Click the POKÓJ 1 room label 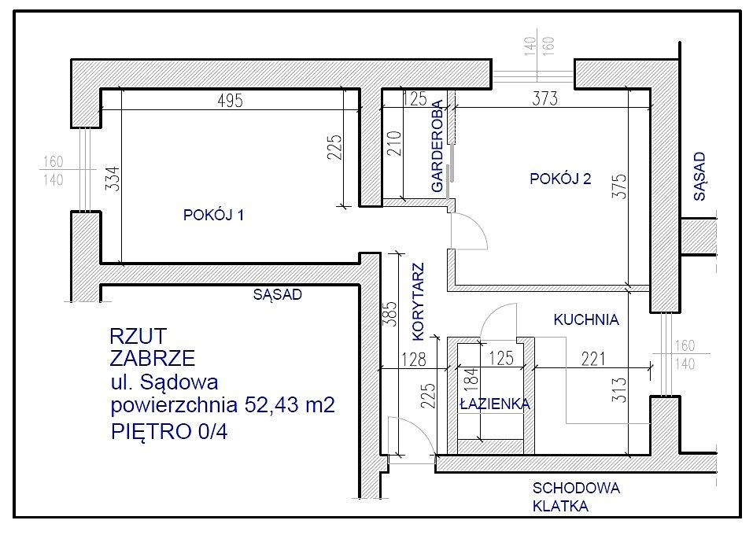click(x=214, y=215)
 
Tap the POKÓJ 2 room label click(x=560, y=179)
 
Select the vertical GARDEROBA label click(x=437, y=146)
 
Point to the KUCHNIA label click(x=586, y=319)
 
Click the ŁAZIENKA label click(x=495, y=404)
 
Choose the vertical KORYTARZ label click(x=419, y=301)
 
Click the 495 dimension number click(x=231, y=101)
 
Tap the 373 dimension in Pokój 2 click(x=545, y=98)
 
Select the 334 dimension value click(x=112, y=179)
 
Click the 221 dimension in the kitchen click(x=593, y=359)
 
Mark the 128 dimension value click(x=413, y=360)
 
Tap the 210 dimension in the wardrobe click(x=393, y=143)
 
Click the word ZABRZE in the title click(x=153, y=358)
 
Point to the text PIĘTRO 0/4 click(x=169, y=430)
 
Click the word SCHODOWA click(x=576, y=489)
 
